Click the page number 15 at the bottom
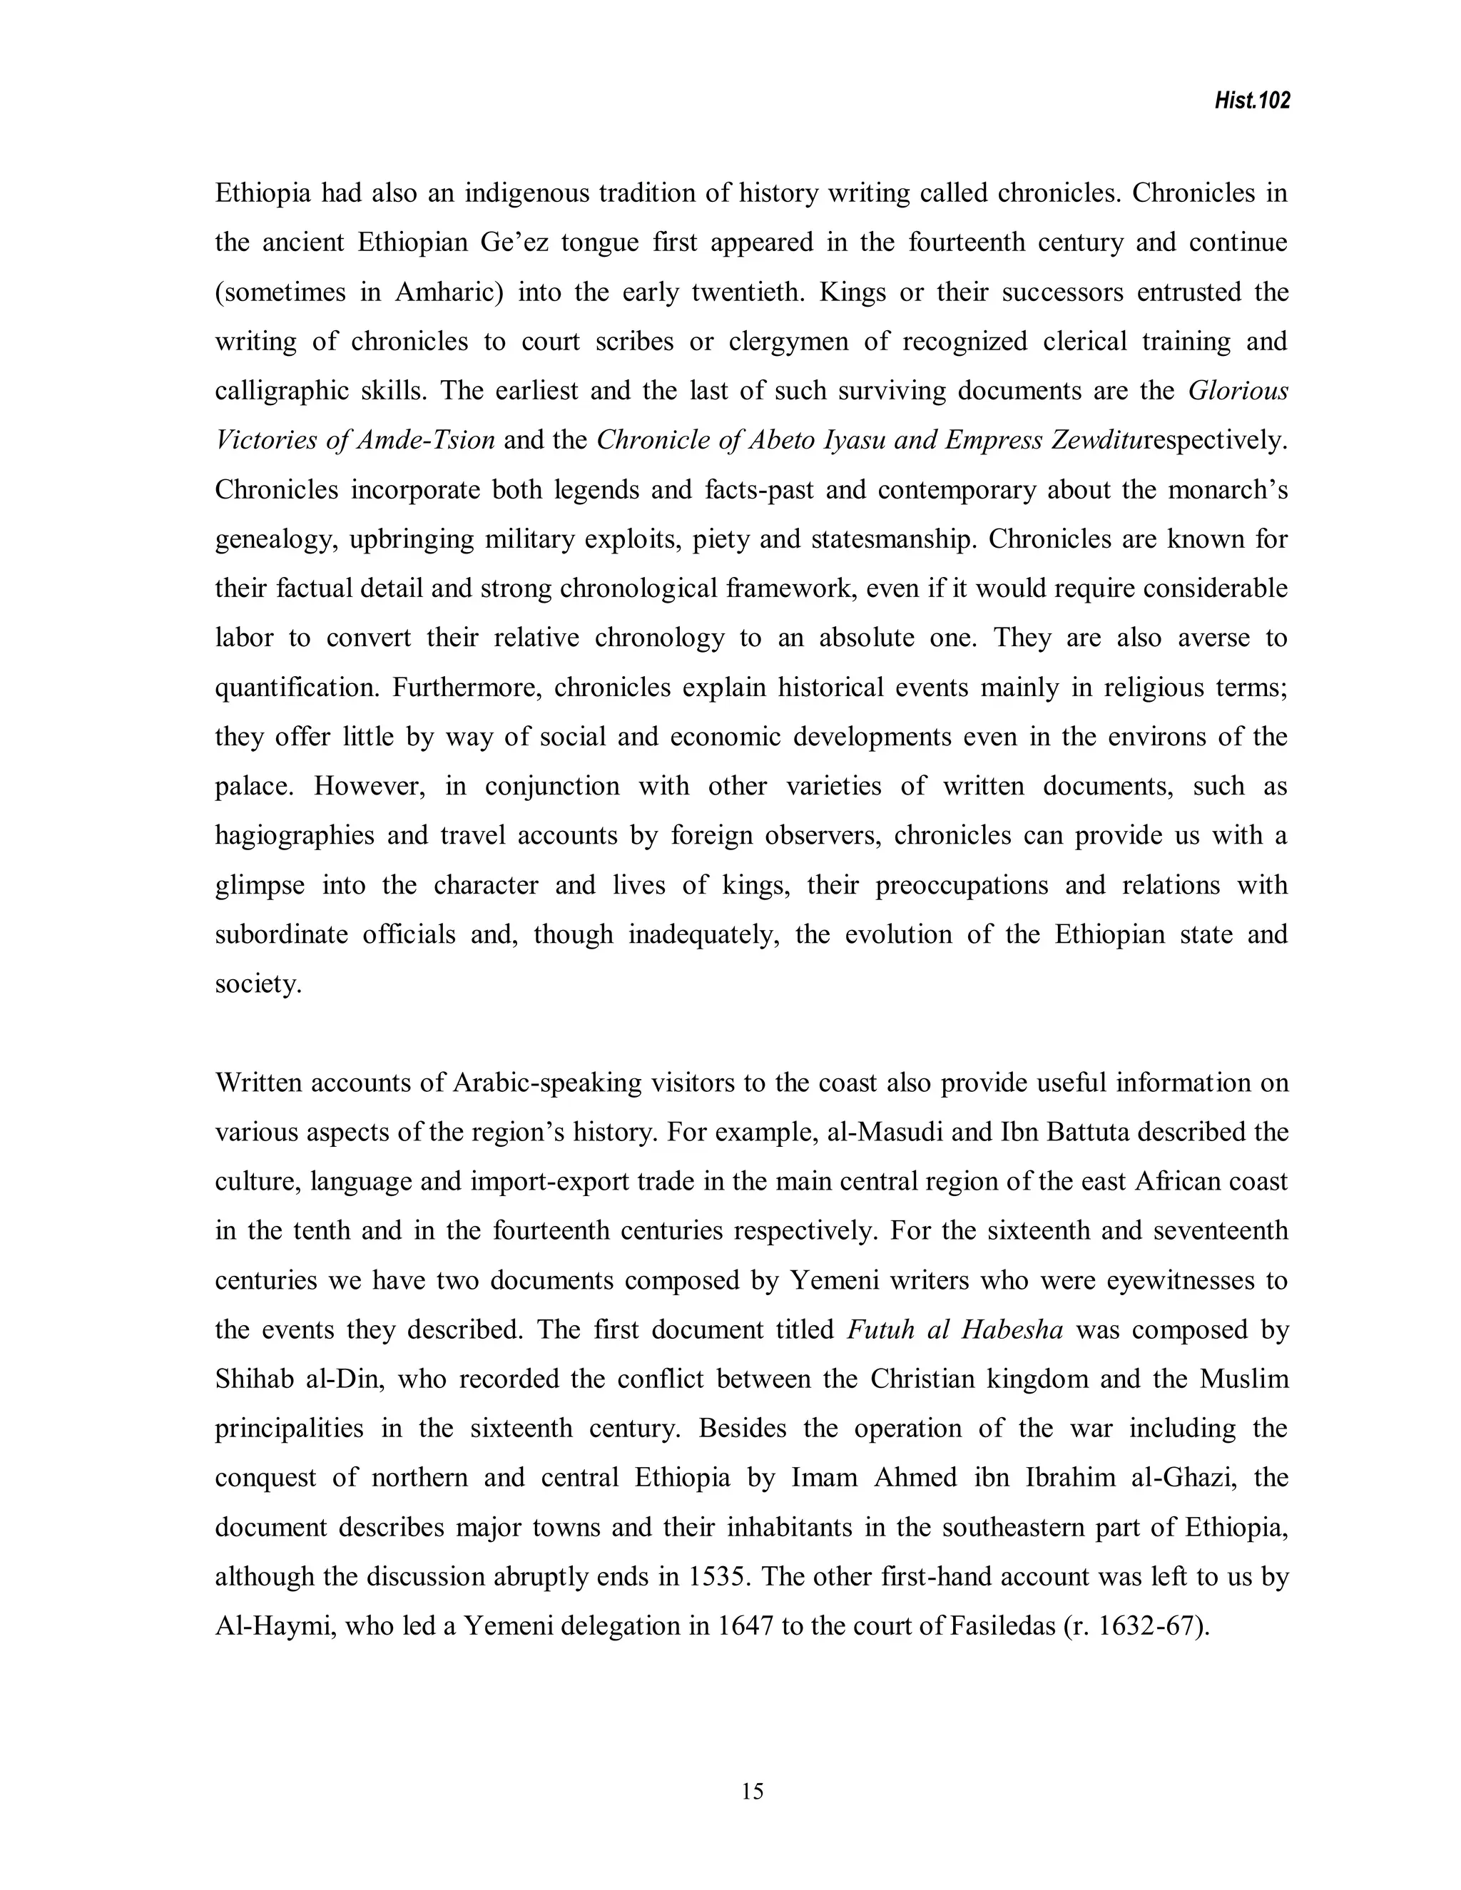[x=752, y=1792]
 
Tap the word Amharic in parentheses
[x=448, y=292]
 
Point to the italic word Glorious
[x=1238, y=391]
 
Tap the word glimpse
[x=260, y=885]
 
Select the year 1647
[x=745, y=1626]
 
